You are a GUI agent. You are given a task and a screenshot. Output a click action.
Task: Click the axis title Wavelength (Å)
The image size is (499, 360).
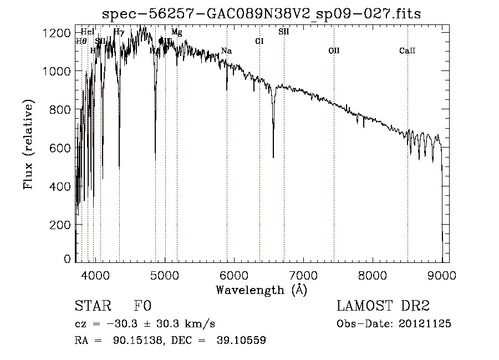pyautogui.click(x=261, y=289)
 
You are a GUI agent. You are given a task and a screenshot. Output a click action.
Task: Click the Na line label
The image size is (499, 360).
pyautogui.click(x=226, y=51)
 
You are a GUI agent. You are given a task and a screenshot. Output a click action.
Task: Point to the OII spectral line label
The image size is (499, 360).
pyautogui.click(x=334, y=51)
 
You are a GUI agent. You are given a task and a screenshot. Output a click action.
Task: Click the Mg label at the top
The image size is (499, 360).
pyautogui.click(x=176, y=32)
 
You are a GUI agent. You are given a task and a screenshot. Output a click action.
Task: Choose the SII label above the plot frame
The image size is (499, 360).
pyautogui.click(x=283, y=32)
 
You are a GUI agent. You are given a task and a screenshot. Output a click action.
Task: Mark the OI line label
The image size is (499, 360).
pyautogui.click(x=259, y=41)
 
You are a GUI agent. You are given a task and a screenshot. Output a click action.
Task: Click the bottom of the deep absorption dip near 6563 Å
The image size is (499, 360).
pyautogui.click(x=273, y=157)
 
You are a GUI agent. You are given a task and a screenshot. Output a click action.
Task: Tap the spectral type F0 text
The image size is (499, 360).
pyautogui.click(x=142, y=307)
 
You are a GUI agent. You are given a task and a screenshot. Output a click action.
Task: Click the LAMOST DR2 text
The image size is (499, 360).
pyautogui.click(x=383, y=306)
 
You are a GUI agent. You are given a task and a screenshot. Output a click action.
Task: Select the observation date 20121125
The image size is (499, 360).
pyautogui.click(x=425, y=324)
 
